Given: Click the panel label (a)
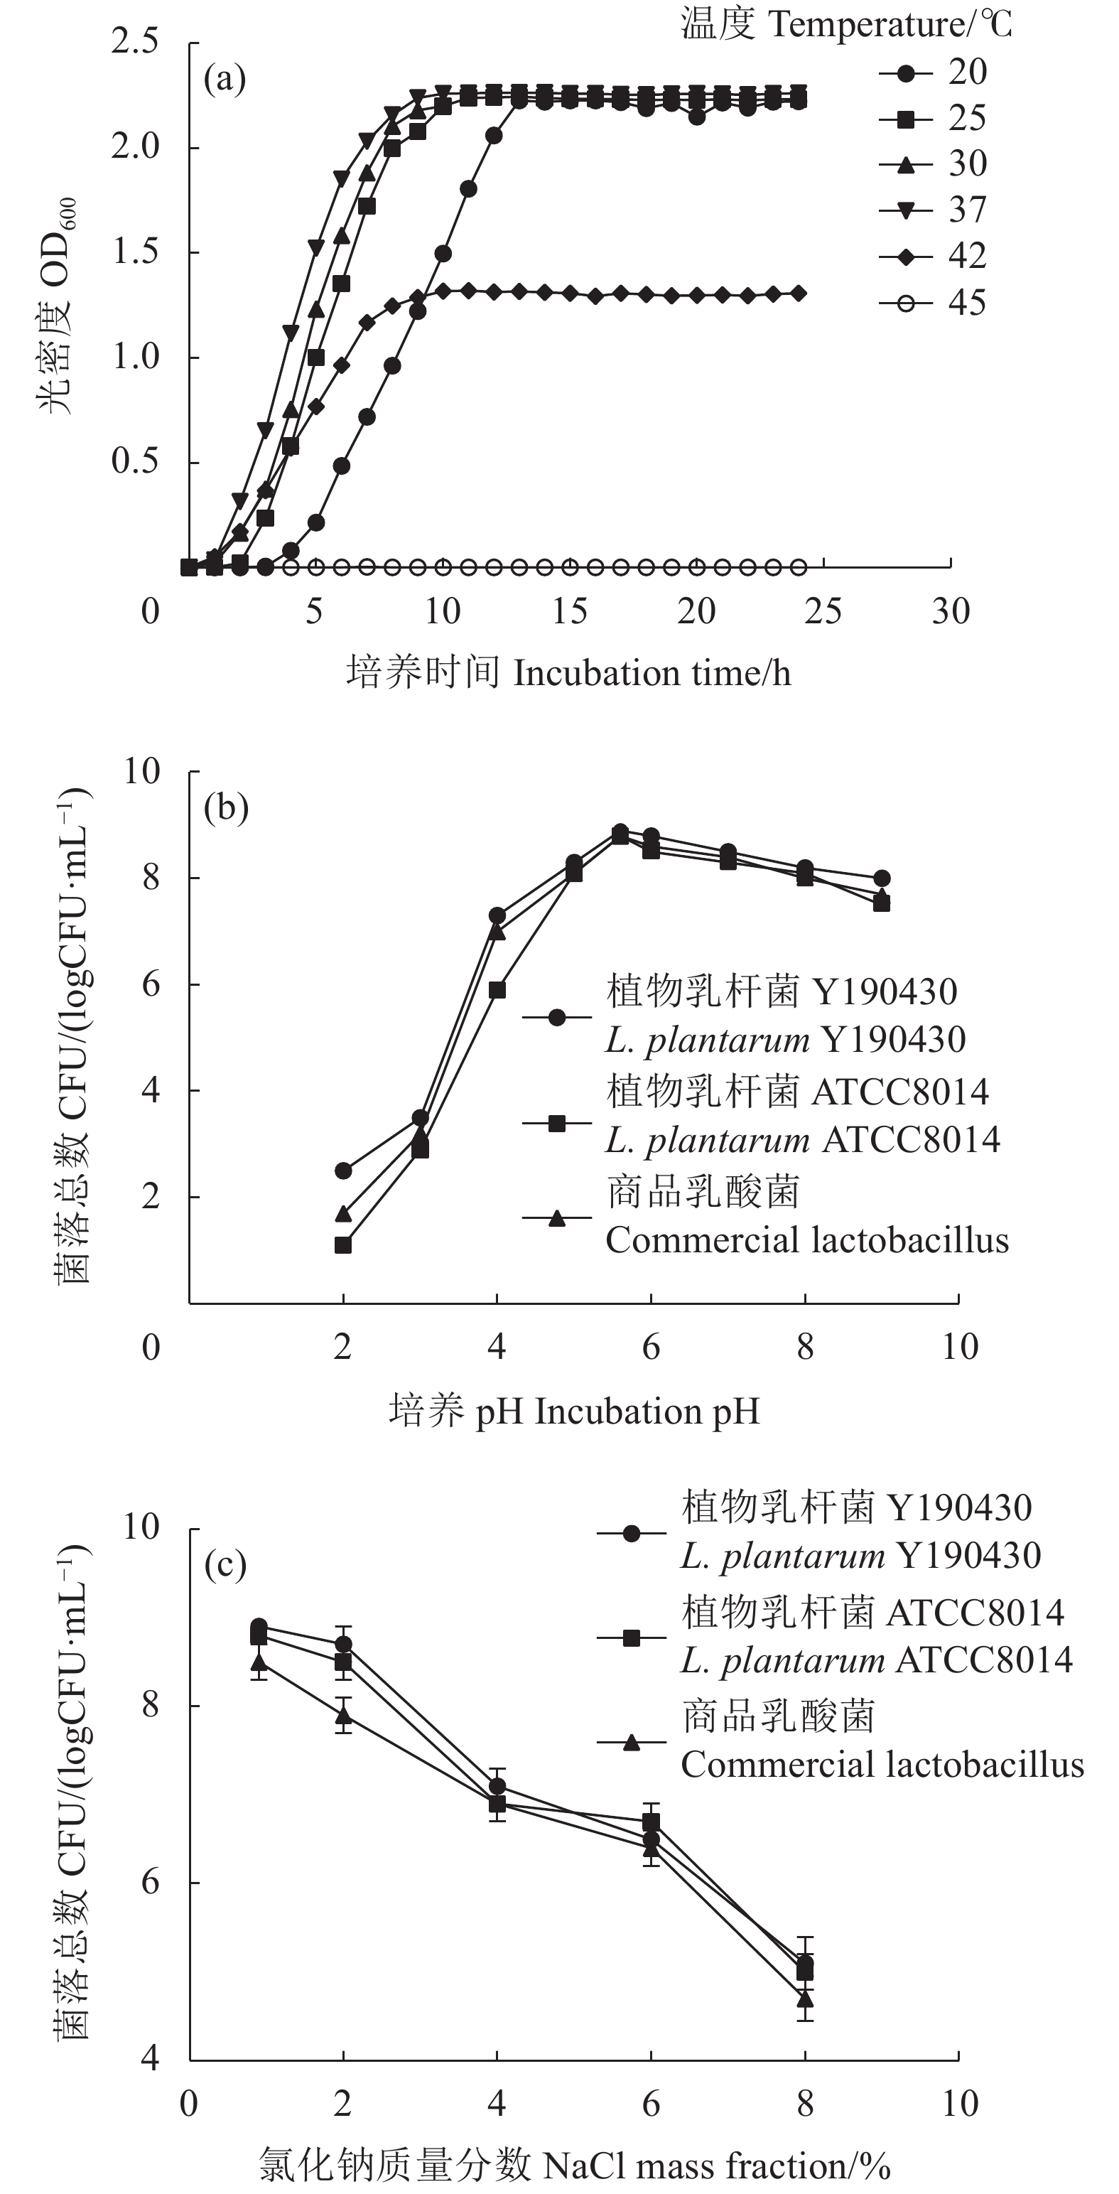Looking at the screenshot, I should pos(225,80).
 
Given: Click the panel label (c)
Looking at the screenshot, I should pos(225,1564).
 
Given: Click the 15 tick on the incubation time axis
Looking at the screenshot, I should pos(569,611).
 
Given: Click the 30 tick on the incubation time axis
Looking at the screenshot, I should pos(951,611).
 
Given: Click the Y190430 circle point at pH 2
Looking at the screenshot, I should pos(343,1171).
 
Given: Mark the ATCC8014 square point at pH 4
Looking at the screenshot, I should pos(497,990).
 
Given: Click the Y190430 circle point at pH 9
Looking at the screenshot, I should pos(882,878).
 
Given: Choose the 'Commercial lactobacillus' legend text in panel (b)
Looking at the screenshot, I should pos(806,1240).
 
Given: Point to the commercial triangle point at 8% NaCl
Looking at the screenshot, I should pos(805,1997).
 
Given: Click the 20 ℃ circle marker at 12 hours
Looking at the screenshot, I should pos(494,136).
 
